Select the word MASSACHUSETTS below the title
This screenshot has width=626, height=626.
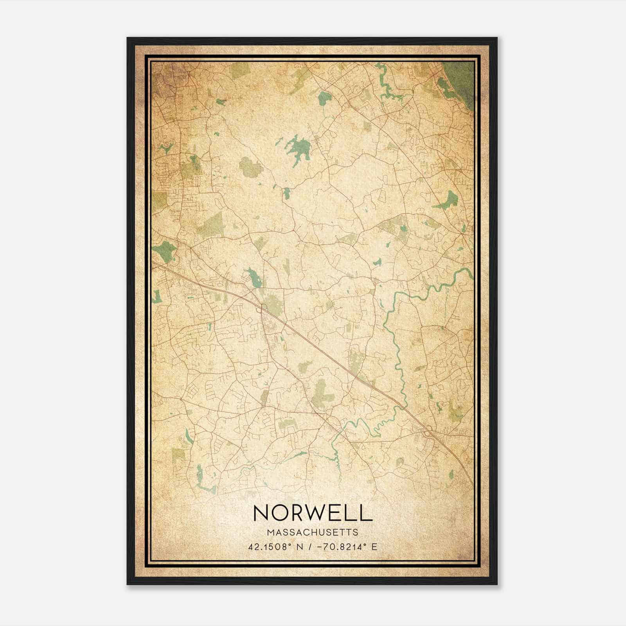click(313, 532)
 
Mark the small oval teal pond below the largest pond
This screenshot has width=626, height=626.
click(287, 192)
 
